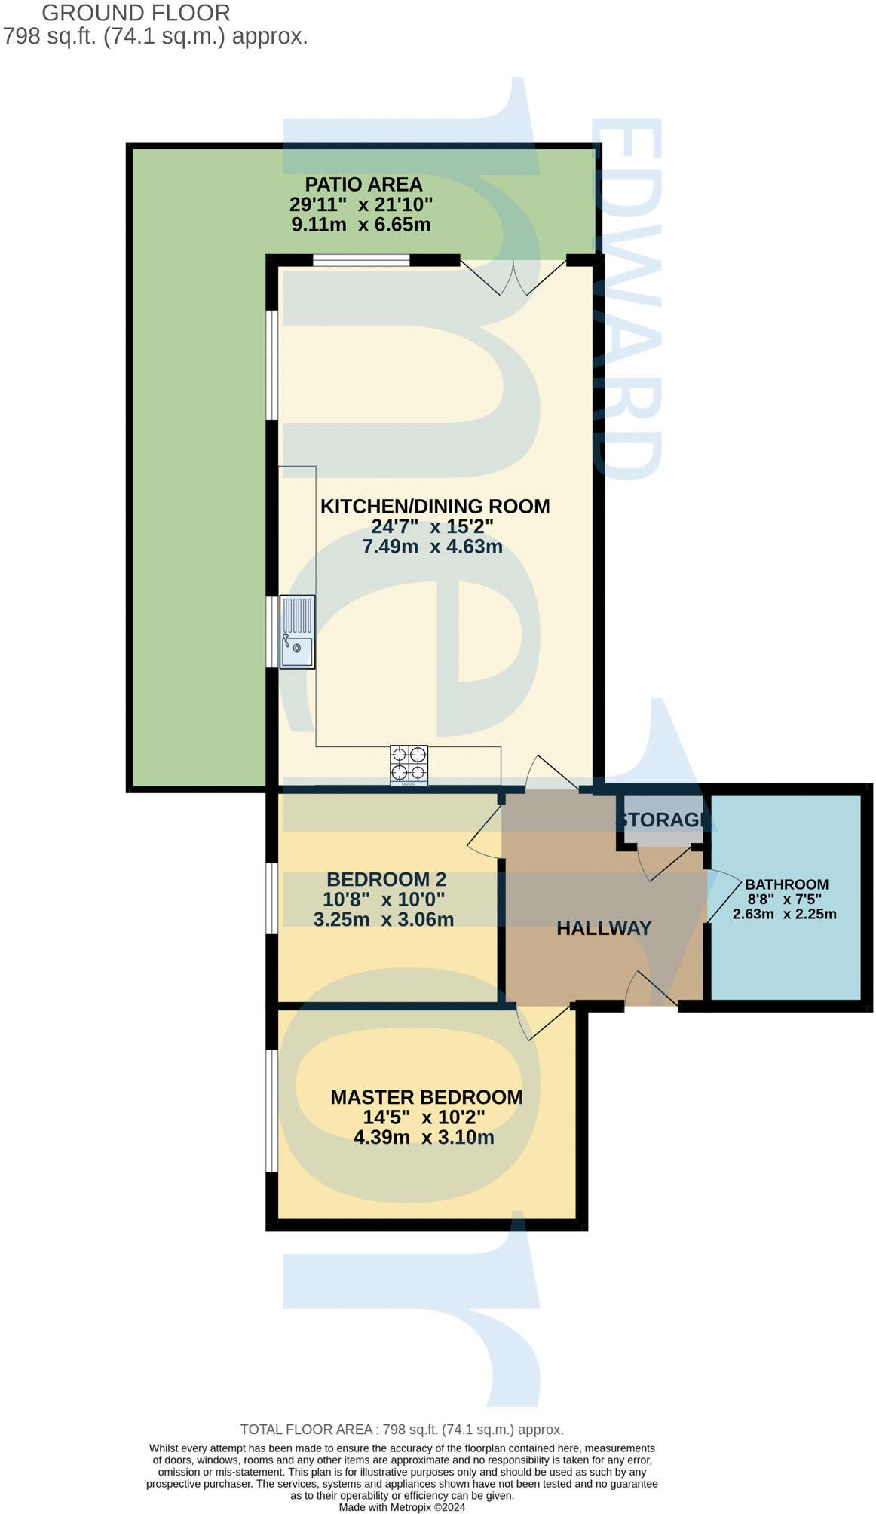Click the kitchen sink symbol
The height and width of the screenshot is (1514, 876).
(297, 632)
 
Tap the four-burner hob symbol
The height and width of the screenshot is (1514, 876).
(409, 765)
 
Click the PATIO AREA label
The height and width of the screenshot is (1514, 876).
(363, 185)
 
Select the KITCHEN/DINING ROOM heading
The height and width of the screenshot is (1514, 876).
(435, 507)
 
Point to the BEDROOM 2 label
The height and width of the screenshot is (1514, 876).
(386, 879)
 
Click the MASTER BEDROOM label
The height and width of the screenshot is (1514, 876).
(427, 1097)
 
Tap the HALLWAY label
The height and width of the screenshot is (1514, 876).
(604, 928)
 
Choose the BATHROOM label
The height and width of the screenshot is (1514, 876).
(786, 884)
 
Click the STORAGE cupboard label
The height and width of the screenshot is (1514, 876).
(663, 820)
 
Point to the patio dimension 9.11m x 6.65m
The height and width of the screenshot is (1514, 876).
(360, 225)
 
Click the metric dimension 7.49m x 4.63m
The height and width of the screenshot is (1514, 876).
(432, 547)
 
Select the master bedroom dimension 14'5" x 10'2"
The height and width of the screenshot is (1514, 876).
(424, 1117)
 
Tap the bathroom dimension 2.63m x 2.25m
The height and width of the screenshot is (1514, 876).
(784, 914)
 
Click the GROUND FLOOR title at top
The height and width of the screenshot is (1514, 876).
(136, 13)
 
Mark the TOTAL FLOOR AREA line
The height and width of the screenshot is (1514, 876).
(402, 1430)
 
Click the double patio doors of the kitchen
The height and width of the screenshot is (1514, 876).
(514, 276)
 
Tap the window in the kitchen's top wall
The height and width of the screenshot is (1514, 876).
(361, 261)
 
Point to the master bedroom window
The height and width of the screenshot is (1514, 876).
(271, 1111)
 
